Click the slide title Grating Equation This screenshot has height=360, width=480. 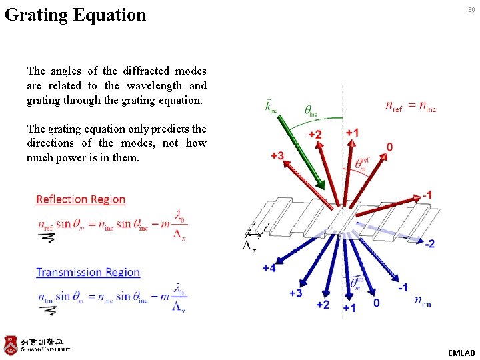coord(75,15)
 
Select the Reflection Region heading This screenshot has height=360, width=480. coord(81,199)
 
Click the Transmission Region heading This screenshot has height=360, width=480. coord(88,272)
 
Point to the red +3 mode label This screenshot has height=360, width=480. coord(277,155)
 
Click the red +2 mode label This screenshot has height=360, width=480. coord(315,135)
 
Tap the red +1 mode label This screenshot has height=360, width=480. coord(353,133)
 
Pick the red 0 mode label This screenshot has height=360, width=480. coord(389,147)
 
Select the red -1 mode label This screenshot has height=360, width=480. coord(427,195)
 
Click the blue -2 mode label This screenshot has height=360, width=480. coord(429,244)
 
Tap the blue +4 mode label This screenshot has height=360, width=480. coord(269,268)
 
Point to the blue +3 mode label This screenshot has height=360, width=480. coord(295,293)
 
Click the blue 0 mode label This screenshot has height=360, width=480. coord(376,303)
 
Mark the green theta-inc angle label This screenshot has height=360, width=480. coord(311,111)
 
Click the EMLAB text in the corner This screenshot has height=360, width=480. coord(461,353)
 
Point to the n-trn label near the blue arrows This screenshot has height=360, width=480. coord(423,302)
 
